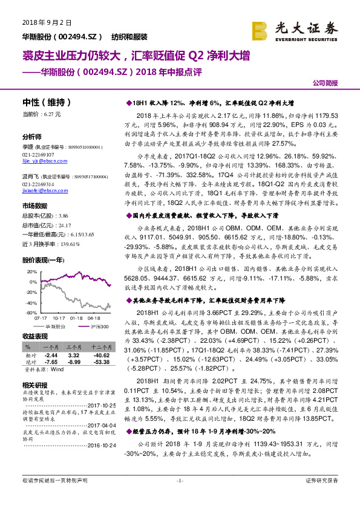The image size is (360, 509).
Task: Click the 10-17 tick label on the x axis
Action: click(x=59, y=317)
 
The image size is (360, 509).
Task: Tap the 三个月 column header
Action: click(x=74, y=348)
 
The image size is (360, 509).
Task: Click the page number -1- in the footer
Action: click(x=180, y=497)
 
